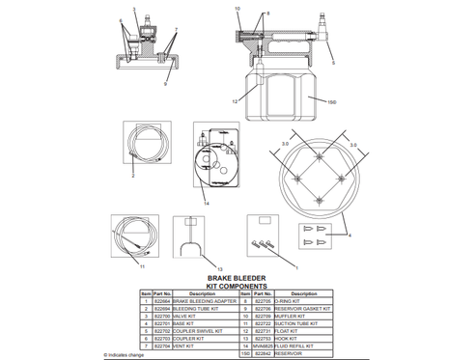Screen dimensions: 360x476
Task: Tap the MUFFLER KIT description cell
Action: click(302, 315)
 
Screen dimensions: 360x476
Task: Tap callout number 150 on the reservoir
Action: click(332, 100)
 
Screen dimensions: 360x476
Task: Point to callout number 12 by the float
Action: click(234, 100)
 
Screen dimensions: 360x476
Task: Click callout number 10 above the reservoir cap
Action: click(237, 9)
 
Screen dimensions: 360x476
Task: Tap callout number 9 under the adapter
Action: click(165, 69)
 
